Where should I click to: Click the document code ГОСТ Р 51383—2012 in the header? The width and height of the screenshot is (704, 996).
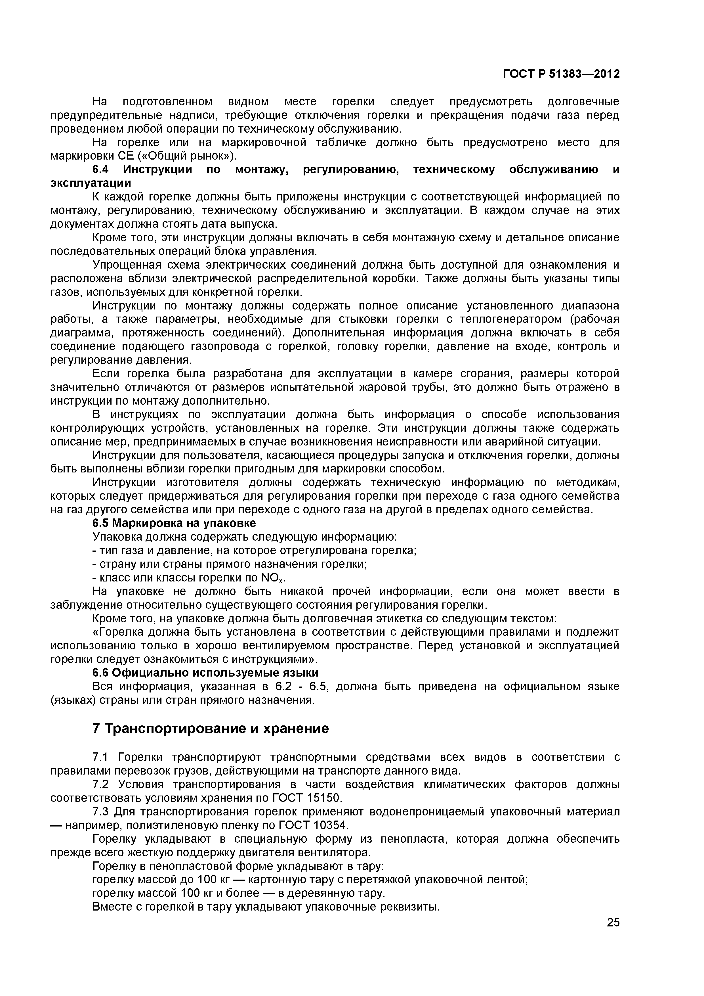click(561, 74)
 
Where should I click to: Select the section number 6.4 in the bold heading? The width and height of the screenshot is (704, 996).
click(103, 170)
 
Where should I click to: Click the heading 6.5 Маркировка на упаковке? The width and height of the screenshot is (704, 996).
click(174, 523)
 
